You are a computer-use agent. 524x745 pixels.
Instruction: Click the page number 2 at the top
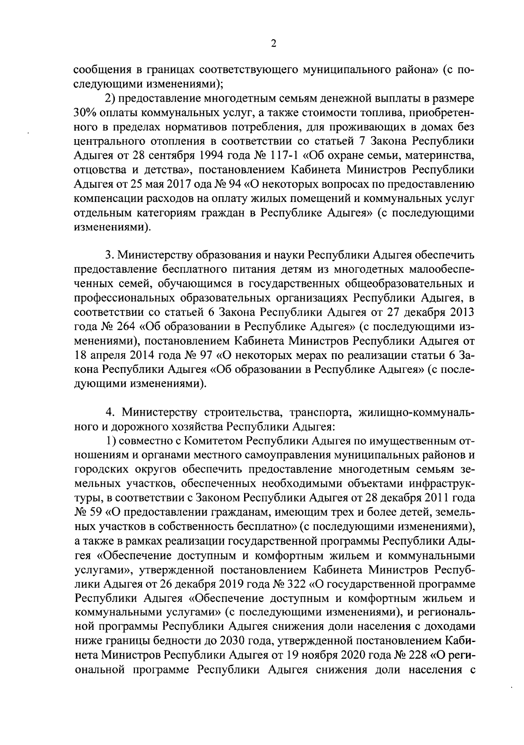click(274, 43)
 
